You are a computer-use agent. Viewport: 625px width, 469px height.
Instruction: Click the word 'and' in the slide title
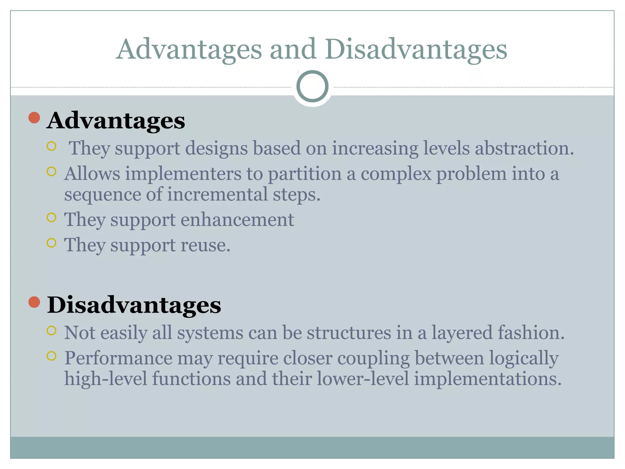292,49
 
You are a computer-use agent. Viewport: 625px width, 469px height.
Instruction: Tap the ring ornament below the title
312,86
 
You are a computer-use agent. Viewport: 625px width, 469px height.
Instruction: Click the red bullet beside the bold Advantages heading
34,118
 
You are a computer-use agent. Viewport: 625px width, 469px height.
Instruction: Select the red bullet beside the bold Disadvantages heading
34,302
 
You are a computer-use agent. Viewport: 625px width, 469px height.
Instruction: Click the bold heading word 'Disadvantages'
134,305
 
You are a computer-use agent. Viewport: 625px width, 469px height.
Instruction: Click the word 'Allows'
92,174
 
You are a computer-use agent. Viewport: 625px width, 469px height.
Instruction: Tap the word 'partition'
305,174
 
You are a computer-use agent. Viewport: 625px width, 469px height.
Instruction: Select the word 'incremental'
217,195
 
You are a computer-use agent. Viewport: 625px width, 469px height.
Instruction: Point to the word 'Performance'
118,358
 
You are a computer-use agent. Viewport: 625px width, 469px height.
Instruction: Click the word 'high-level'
106,379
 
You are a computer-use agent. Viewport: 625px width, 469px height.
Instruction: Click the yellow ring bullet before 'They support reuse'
52,243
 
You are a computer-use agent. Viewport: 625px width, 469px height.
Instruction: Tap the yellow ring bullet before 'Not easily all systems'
52,330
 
